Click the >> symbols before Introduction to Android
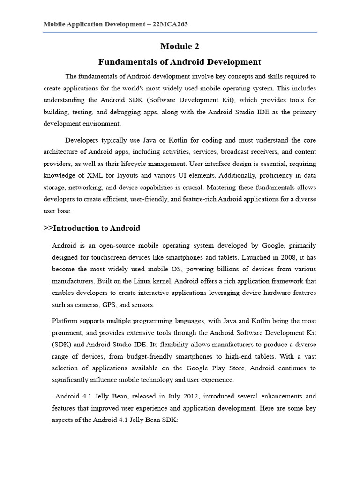tap(48, 228)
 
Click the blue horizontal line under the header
tap(180, 33)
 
